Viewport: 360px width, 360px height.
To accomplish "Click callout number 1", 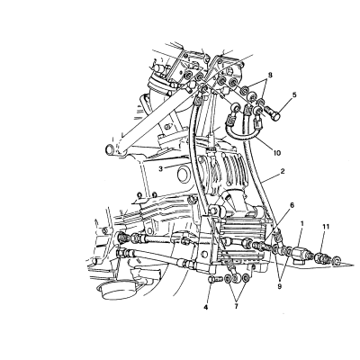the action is tap(302, 224).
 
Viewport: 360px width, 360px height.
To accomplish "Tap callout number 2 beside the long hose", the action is tap(283, 171).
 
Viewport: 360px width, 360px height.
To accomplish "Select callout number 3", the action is tap(161, 169).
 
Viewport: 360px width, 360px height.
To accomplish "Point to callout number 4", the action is tap(206, 307).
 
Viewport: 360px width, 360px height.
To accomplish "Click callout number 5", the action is tap(294, 95).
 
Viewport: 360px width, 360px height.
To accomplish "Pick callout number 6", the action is tap(292, 206).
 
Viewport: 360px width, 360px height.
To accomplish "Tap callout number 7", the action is tap(236, 307).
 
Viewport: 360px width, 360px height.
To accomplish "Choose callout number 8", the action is tap(270, 76).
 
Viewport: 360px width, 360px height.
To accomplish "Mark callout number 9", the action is tap(280, 287).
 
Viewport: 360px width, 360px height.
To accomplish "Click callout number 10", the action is tap(276, 153).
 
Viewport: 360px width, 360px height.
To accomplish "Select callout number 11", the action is tap(326, 226).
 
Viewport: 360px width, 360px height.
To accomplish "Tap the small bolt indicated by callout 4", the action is tap(214, 279).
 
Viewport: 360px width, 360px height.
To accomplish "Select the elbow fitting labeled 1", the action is tap(301, 254).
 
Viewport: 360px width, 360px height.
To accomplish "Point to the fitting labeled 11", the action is tap(321, 257).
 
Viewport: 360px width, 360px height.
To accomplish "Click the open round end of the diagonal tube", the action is tap(110, 148).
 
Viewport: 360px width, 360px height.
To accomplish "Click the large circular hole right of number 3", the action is tap(184, 173).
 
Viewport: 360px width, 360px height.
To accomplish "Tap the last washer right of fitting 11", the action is tap(337, 260).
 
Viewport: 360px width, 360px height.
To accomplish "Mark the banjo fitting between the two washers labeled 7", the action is tap(237, 278).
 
